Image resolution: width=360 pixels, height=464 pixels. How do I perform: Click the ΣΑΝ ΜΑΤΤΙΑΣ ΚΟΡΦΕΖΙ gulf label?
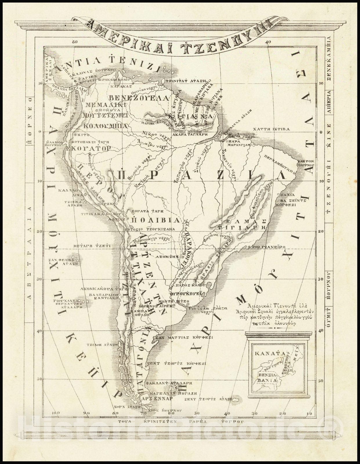click(x=184, y=338)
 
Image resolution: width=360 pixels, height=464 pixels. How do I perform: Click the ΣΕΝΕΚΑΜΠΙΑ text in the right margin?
click(x=329, y=59)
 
